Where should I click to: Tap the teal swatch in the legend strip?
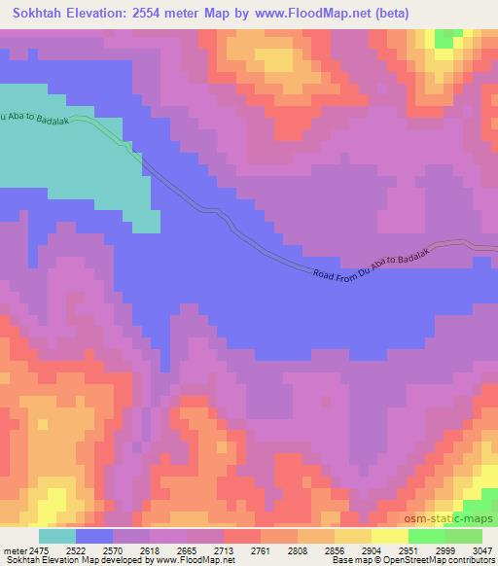[57, 536]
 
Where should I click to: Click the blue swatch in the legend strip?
[94, 536]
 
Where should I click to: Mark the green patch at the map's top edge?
[448, 38]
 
